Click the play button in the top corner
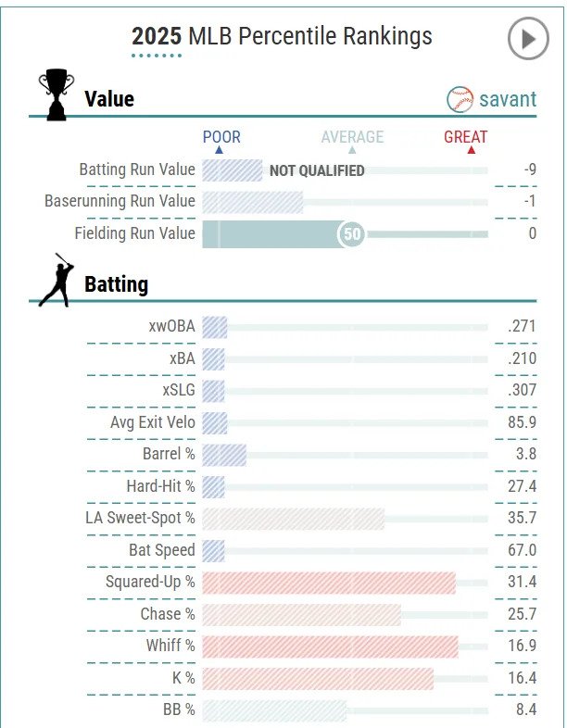coord(528,39)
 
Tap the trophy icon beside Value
coord(56,94)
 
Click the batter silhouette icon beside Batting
coord(57,280)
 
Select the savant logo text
coord(507,98)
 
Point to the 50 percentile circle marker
coord(352,234)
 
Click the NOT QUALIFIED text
coord(317,170)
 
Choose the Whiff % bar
coord(330,646)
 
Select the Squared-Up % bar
coord(329,583)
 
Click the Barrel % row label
coord(169,455)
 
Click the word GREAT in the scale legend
coord(465,137)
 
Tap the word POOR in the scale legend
coord(221,137)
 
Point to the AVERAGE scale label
coord(352,137)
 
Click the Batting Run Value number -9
coord(529,169)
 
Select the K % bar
coord(318,678)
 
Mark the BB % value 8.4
coord(525,710)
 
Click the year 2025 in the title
coord(157,36)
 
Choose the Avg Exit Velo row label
coord(153,422)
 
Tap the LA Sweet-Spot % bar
coord(293,519)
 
